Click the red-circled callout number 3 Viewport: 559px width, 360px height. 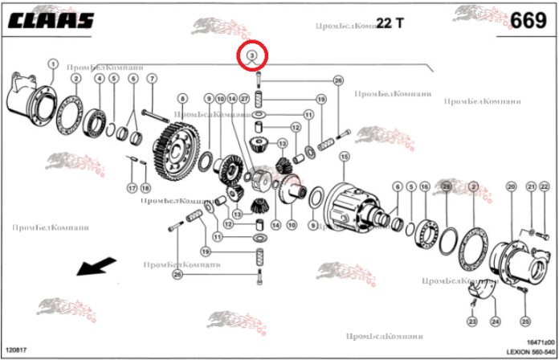(x=251, y=55)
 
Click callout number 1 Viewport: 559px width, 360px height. (x=52, y=63)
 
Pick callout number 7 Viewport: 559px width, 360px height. (x=151, y=78)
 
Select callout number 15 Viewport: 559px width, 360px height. (x=345, y=156)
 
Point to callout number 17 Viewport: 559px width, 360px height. (x=132, y=188)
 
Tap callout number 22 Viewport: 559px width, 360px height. (x=543, y=186)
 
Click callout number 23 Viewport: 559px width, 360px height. (x=472, y=321)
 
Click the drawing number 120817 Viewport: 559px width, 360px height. (x=16, y=350)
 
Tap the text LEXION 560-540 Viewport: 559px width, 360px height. (x=528, y=351)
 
